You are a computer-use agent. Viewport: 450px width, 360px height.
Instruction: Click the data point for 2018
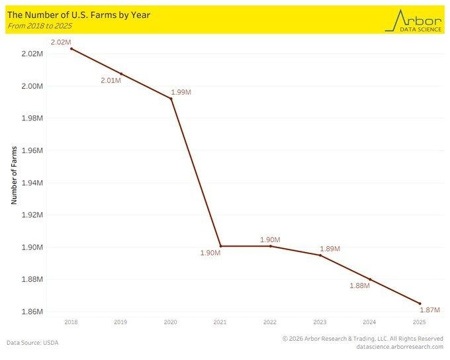[x=71, y=48]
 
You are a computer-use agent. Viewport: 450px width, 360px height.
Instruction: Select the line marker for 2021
[x=220, y=246]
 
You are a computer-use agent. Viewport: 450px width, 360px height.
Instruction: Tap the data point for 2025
[x=420, y=304]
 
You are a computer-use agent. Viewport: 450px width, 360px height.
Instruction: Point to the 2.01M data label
[x=111, y=80]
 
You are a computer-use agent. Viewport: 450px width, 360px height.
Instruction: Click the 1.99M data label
[x=181, y=93]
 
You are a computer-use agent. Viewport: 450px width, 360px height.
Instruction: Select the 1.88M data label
[x=359, y=286]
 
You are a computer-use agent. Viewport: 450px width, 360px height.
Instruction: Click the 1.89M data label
[x=330, y=248]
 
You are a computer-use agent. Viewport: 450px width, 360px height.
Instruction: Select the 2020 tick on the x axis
[x=171, y=322]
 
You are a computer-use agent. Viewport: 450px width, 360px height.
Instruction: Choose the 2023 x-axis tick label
[x=320, y=322]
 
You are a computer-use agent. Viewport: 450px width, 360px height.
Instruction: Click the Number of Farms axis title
[x=14, y=176]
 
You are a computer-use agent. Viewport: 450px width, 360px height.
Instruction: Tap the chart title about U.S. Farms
[x=79, y=14]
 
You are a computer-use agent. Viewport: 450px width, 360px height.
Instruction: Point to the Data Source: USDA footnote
[x=32, y=343]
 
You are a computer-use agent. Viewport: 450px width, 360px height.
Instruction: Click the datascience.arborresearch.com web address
[x=399, y=347]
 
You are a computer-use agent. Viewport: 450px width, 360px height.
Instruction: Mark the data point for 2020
[x=171, y=99]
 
